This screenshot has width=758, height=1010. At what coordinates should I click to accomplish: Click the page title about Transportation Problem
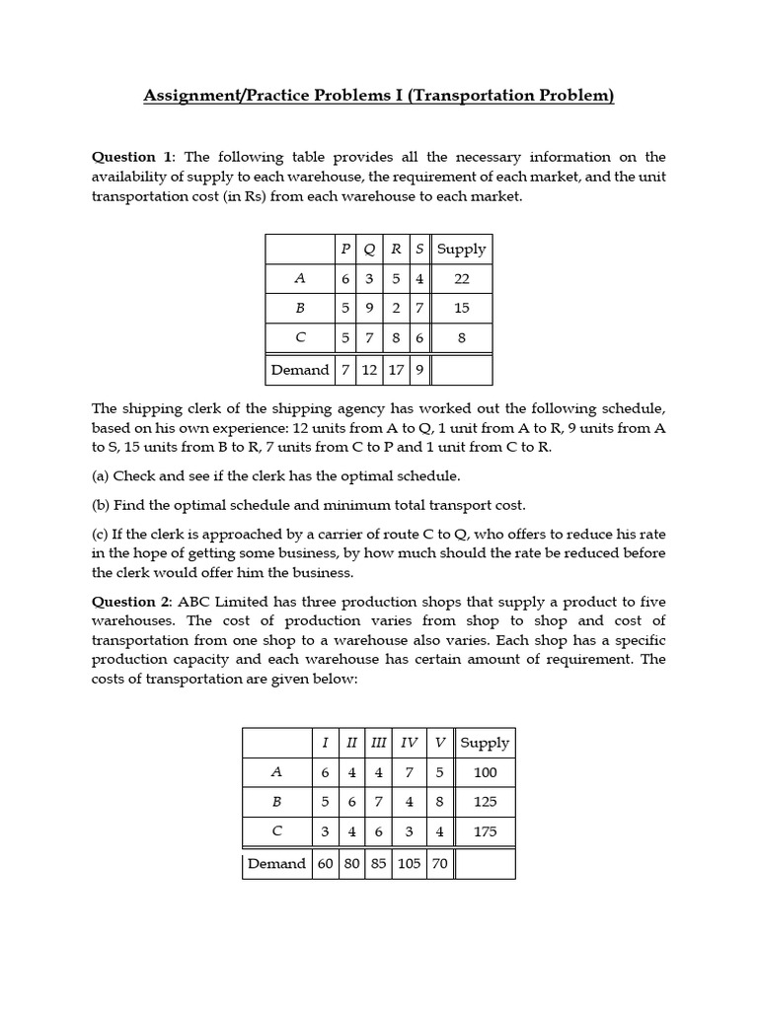point(379,96)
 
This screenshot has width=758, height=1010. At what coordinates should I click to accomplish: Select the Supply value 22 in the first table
point(462,279)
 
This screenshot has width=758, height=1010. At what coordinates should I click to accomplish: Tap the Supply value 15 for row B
point(462,309)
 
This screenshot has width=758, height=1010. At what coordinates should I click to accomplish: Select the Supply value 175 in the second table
point(485,831)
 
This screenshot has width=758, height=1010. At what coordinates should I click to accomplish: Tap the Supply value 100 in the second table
point(485,772)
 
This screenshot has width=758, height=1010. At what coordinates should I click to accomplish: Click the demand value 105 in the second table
point(409,864)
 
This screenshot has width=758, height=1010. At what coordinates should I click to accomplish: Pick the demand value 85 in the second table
point(378,864)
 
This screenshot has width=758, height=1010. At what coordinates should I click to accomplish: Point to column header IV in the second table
point(409,743)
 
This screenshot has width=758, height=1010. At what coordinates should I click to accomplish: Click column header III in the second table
point(378,743)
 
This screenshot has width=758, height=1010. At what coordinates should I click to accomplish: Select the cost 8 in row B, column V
point(439,802)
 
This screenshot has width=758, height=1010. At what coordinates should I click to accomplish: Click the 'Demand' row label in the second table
point(276,864)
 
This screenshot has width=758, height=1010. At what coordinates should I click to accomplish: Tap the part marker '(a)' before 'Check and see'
point(101,475)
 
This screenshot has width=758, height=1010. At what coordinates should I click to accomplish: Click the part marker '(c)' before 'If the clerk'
point(101,535)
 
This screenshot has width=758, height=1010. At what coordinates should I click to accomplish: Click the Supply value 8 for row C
point(462,338)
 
